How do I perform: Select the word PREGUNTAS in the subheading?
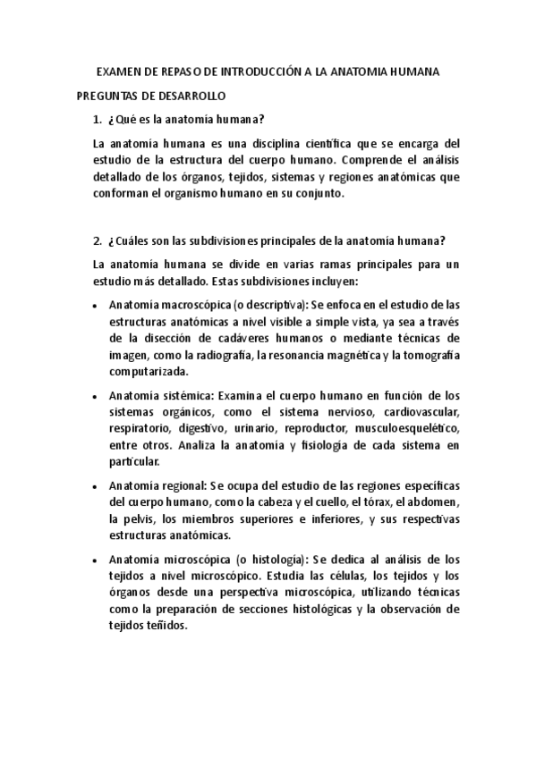(x=106, y=95)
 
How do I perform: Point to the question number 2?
(x=97, y=240)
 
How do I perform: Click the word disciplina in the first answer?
(x=240, y=143)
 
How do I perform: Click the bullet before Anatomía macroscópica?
(x=96, y=306)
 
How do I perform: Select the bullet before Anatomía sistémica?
(x=96, y=396)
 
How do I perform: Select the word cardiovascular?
(x=416, y=412)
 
